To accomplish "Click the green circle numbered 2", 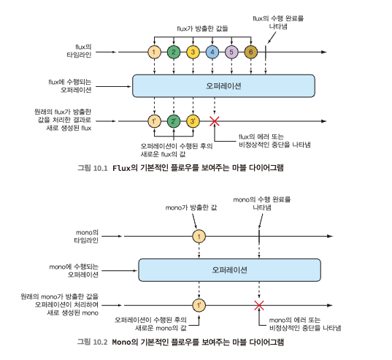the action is [x=174, y=52].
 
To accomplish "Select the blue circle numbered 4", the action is [x=212, y=52].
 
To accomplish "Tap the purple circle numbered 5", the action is [x=231, y=52].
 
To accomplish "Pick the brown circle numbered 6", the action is [x=251, y=52].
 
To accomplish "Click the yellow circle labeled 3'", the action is [x=193, y=121].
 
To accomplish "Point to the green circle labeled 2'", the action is [x=174, y=121].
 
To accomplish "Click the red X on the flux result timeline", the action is [x=215, y=121].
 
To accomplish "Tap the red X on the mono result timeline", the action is [x=259, y=305].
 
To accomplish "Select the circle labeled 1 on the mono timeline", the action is [x=199, y=237].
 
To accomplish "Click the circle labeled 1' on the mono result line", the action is [x=199, y=305].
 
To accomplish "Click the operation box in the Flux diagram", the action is [x=223, y=85].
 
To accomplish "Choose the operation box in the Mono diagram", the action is [x=229, y=270].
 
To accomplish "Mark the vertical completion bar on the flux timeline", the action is [x=266, y=52].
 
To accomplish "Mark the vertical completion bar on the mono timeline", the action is [x=259, y=237].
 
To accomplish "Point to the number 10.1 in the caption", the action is [x=100, y=168].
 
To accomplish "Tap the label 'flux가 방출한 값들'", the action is [x=202, y=28].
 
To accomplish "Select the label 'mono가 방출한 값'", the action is [x=191, y=207].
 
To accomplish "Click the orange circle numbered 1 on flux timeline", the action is [x=154, y=52].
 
